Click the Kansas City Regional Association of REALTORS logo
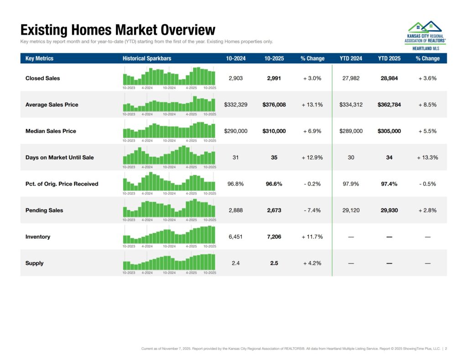tap(425, 35)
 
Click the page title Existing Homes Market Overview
tap(118, 30)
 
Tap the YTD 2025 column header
tap(389, 58)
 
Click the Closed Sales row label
tap(42, 78)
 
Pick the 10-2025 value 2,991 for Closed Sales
tap(274, 78)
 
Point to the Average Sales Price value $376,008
tap(274, 105)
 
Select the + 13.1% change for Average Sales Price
tap(312, 105)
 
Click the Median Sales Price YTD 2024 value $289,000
tap(351, 131)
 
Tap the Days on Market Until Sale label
tap(59, 158)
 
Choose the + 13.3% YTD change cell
tap(427, 158)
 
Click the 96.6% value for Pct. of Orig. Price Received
tap(274, 184)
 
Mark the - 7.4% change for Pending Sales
tap(312, 211)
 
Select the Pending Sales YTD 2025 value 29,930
tap(389, 211)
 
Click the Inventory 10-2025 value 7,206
tap(274, 237)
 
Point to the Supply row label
tap(35, 263)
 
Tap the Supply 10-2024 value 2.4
tap(235, 263)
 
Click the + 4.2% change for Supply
tap(312, 263)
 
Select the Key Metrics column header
tap(39, 58)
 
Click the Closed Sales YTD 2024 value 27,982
tap(351, 78)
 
